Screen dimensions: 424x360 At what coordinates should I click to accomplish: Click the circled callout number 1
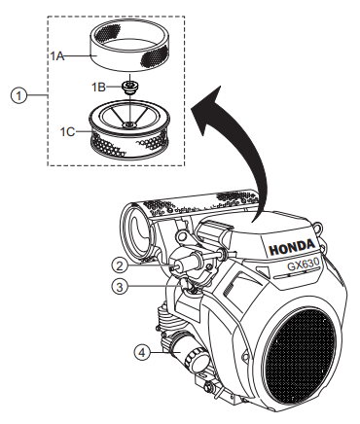16,95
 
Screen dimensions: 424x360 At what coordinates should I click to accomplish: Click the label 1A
56,57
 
